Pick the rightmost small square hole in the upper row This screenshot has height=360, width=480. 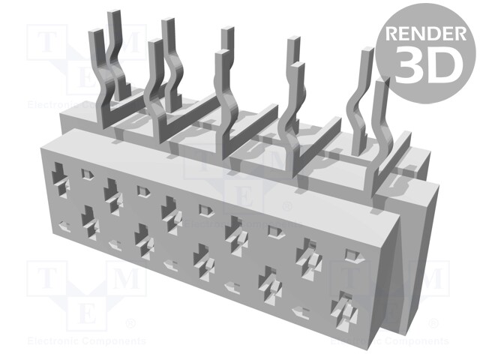349,256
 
